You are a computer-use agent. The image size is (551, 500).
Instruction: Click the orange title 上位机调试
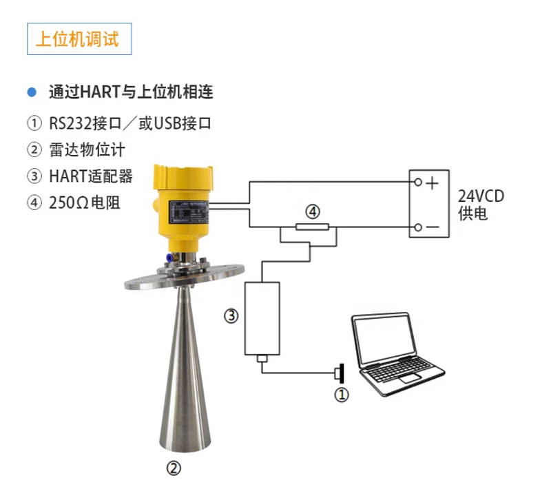coord(77,39)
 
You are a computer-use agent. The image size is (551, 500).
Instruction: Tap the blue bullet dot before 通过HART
coord(32,92)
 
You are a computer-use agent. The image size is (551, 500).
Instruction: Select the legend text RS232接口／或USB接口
coord(130,123)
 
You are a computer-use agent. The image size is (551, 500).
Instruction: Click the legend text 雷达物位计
coord(87,149)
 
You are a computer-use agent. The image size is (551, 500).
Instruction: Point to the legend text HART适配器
coord(91,176)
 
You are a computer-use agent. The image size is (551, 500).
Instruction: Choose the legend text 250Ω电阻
coord(84,202)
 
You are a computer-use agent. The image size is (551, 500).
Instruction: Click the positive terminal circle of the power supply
coord(418,182)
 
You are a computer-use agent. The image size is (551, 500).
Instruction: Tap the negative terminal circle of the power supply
coord(418,227)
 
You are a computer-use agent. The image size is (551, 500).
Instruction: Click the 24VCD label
coord(481,196)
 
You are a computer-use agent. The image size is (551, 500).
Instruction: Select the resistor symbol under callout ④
coord(313,227)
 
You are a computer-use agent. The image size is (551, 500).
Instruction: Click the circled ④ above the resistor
coord(313,211)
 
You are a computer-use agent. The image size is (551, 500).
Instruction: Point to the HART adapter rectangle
coord(262,318)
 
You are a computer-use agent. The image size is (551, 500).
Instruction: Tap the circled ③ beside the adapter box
coord(231,315)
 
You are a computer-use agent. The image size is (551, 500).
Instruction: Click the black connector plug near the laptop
coord(340,373)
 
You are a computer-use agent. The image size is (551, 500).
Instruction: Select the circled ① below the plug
coord(341,395)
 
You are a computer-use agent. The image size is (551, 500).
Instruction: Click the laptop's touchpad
coord(410,378)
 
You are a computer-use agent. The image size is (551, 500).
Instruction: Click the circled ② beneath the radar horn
coord(174,468)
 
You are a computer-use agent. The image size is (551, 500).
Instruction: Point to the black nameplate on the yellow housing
coord(189,212)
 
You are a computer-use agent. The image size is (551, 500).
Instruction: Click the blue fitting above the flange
coord(169,258)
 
